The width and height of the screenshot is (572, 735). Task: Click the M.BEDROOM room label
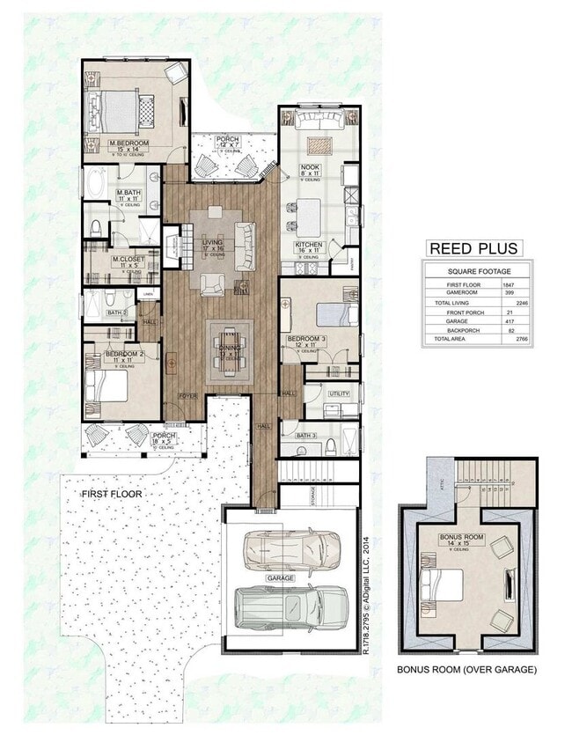(x=129, y=143)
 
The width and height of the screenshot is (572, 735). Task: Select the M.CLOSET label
(x=128, y=260)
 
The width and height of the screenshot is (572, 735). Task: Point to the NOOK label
(x=310, y=166)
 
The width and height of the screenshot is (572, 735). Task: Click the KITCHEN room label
(x=310, y=245)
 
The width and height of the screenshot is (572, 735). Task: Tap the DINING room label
(x=228, y=348)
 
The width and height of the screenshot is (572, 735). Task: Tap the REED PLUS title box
(x=473, y=248)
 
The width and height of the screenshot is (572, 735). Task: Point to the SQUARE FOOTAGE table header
(x=478, y=272)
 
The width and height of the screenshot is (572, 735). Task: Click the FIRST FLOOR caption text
(x=112, y=495)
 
